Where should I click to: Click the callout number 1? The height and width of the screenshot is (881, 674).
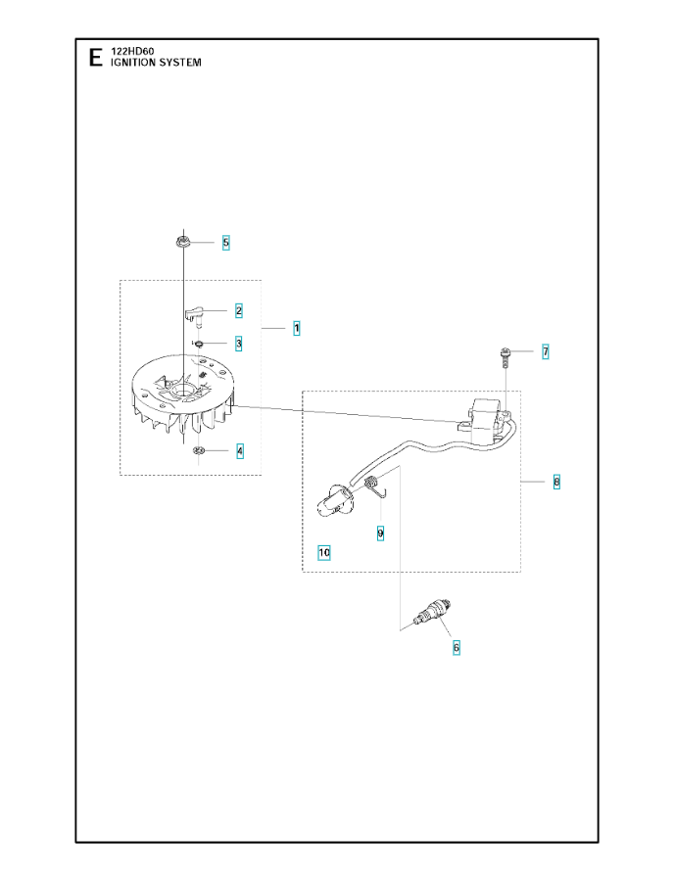pyautogui.click(x=296, y=328)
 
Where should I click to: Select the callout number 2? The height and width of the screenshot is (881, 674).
pyautogui.click(x=239, y=310)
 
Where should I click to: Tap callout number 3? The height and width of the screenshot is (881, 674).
pyautogui.click(x=239, y=344)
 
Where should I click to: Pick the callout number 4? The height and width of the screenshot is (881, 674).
pyautogui.click(x=240, y=451)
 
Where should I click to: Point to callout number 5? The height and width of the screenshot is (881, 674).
pyautogui.click(x=226, y=243)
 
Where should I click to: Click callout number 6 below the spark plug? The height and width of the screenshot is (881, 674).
pyautogui.click(x=456, y=648)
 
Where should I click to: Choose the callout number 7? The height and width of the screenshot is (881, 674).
pyautogui.click(x=546, y=352)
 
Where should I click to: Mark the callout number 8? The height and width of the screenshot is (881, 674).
pyautogui.click(x=556, y=482)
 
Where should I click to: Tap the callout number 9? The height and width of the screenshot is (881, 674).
pyautogui.click(x=380, y=533)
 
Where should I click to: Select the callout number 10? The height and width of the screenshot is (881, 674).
pyautogui.click(x=324, y=553)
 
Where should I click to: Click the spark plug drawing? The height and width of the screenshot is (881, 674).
pyautogui.click(x=432, y=613)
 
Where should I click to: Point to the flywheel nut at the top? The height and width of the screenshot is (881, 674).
pyautogui.click(x=181, y=242)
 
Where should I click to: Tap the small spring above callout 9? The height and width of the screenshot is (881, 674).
pyautogui.click(x=376, y=486)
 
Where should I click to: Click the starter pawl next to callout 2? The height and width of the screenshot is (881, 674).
pyautogui.click(x=195, y=316)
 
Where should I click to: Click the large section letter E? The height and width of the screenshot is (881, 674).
pyautogui.click(x=96, y=58)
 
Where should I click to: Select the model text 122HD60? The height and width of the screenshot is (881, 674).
pyautogui.click(x=132, y=51)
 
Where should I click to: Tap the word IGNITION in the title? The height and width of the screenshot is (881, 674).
pyautogui.click(x=132, y=63)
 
